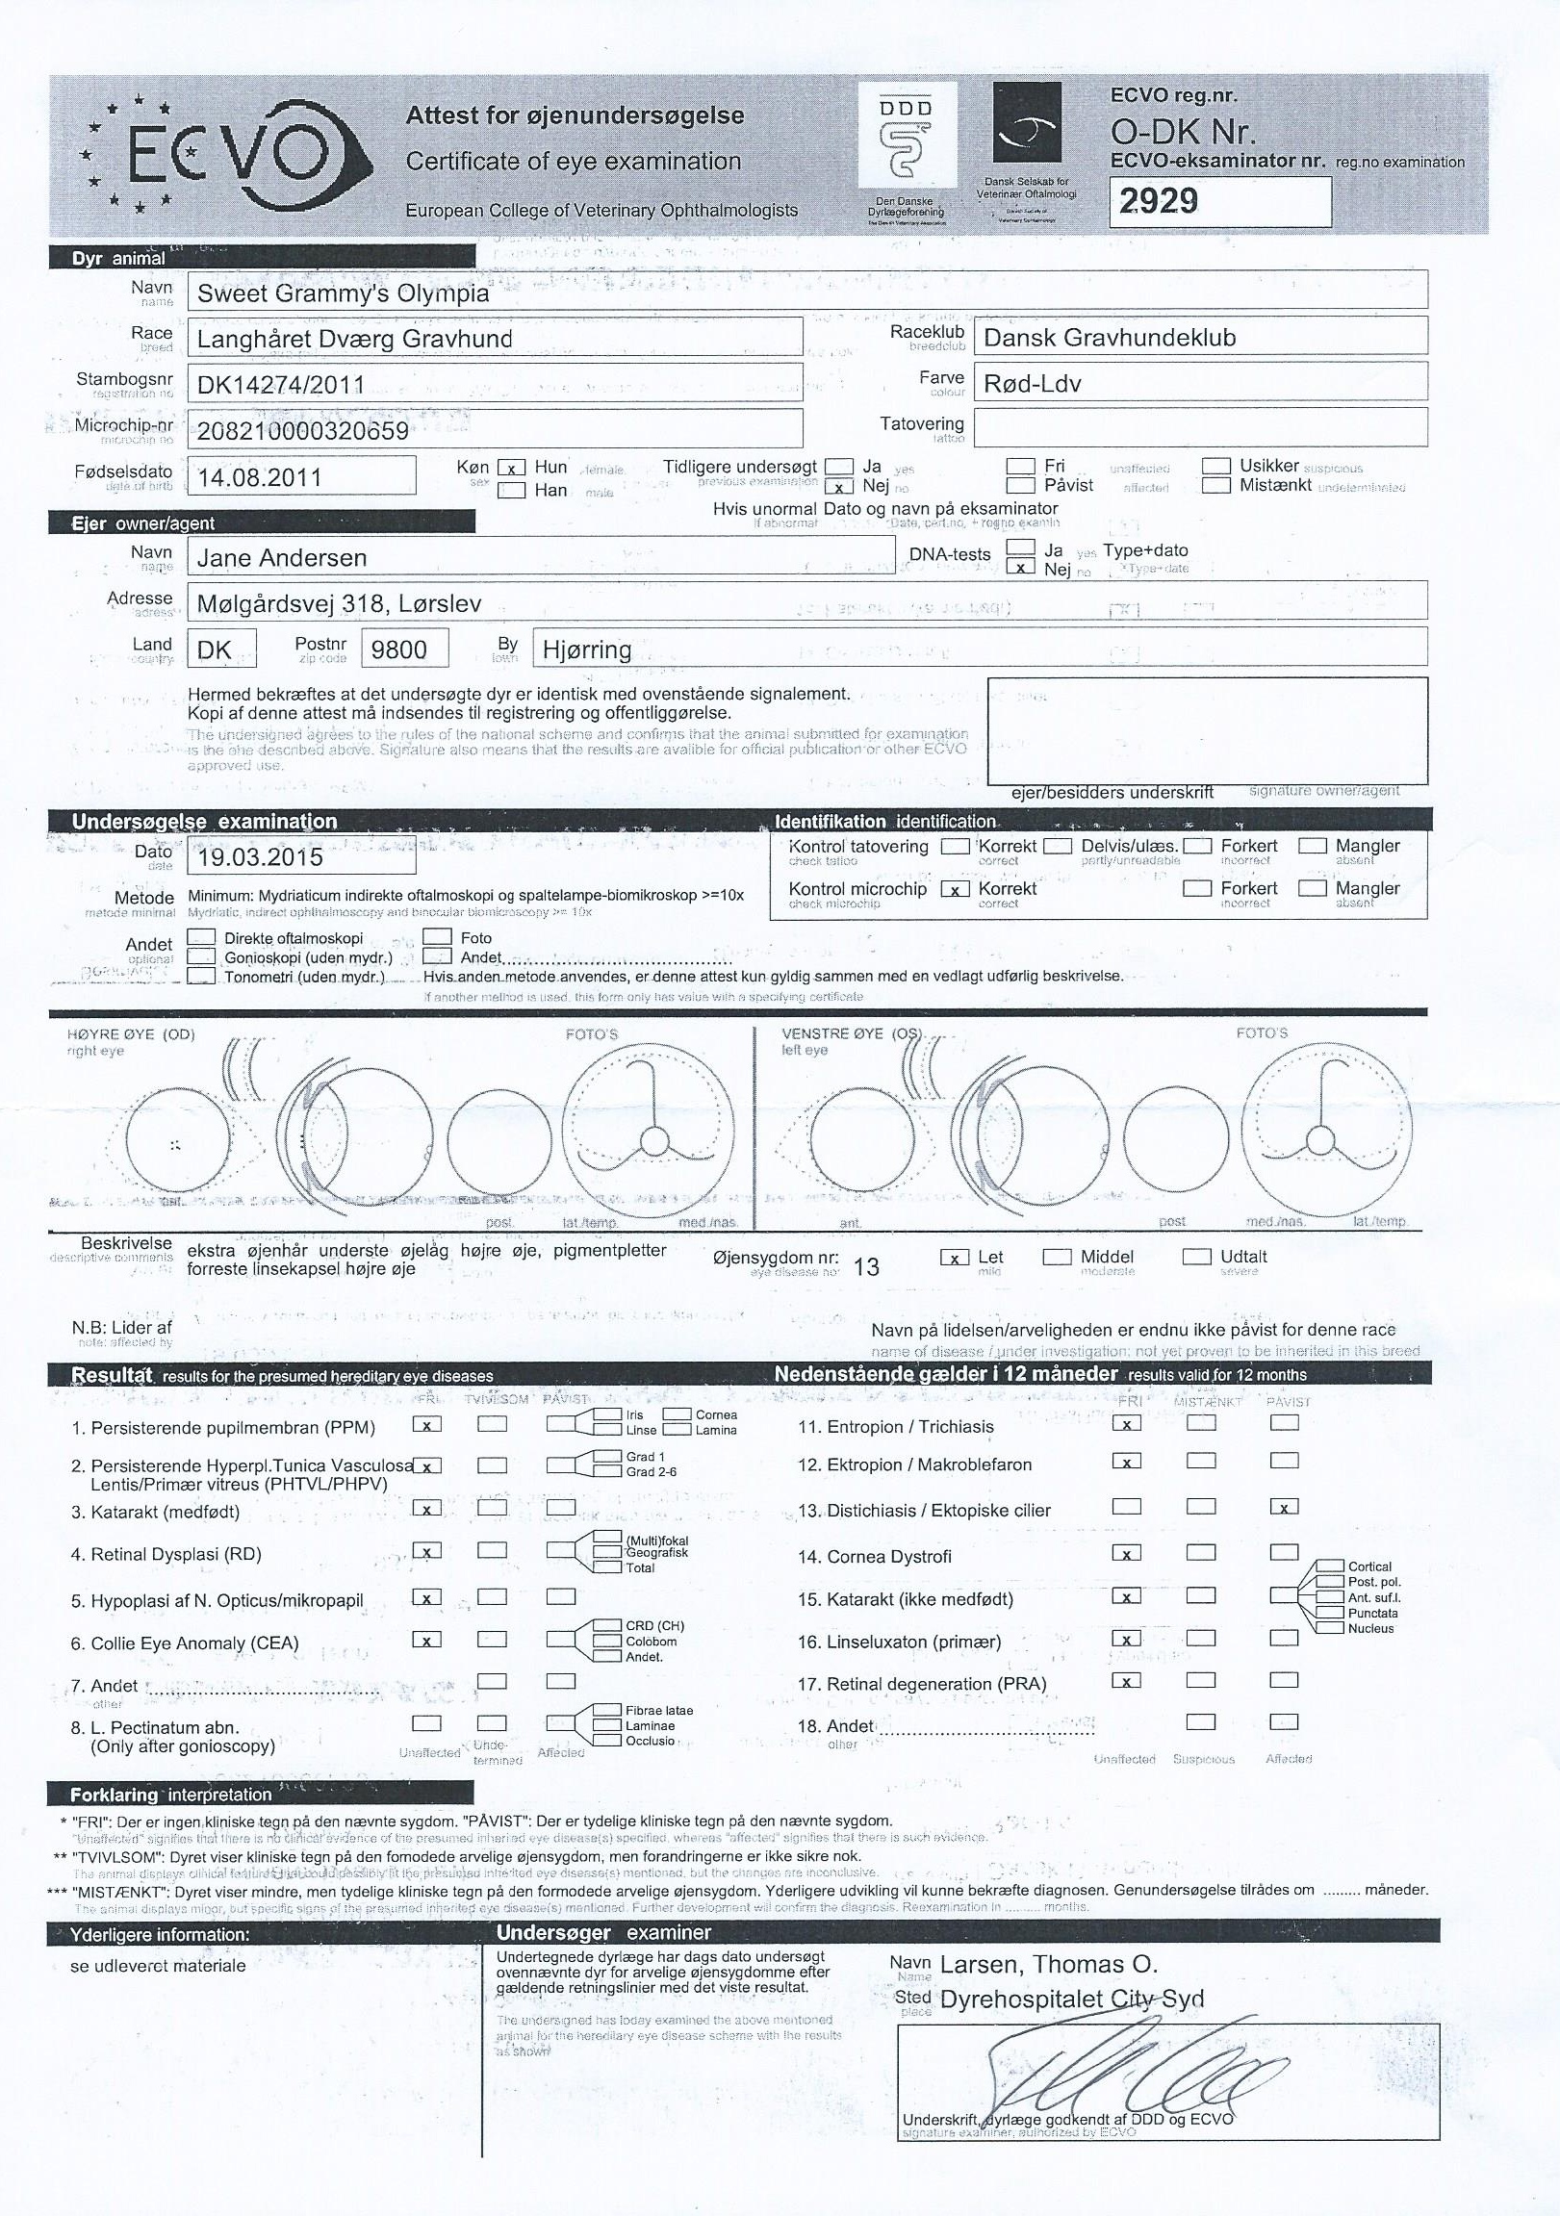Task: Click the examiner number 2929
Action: tap(1159, 201)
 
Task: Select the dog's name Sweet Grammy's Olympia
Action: tap(343, 293)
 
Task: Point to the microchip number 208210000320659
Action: tap(302, 430)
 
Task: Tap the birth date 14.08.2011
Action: tap(259, 477)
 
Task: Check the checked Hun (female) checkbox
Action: tap(511, 468)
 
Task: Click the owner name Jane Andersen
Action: tap(282, 558)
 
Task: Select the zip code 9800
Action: tap(398, 650)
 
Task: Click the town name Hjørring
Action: tap(587, 650)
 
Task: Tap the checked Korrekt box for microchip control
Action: tap(955, 889)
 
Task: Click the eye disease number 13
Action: tap(867, 1267)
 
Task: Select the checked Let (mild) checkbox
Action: tap(954, 1258)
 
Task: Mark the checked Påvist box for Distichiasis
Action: tap(1284, 1507)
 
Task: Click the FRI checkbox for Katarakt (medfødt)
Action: tap(426, 1508)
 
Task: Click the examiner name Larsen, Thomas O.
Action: tap(1048, 1964)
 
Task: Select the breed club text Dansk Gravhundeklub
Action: tap(1110, 338)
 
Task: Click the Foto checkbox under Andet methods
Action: tap(437, 937)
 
